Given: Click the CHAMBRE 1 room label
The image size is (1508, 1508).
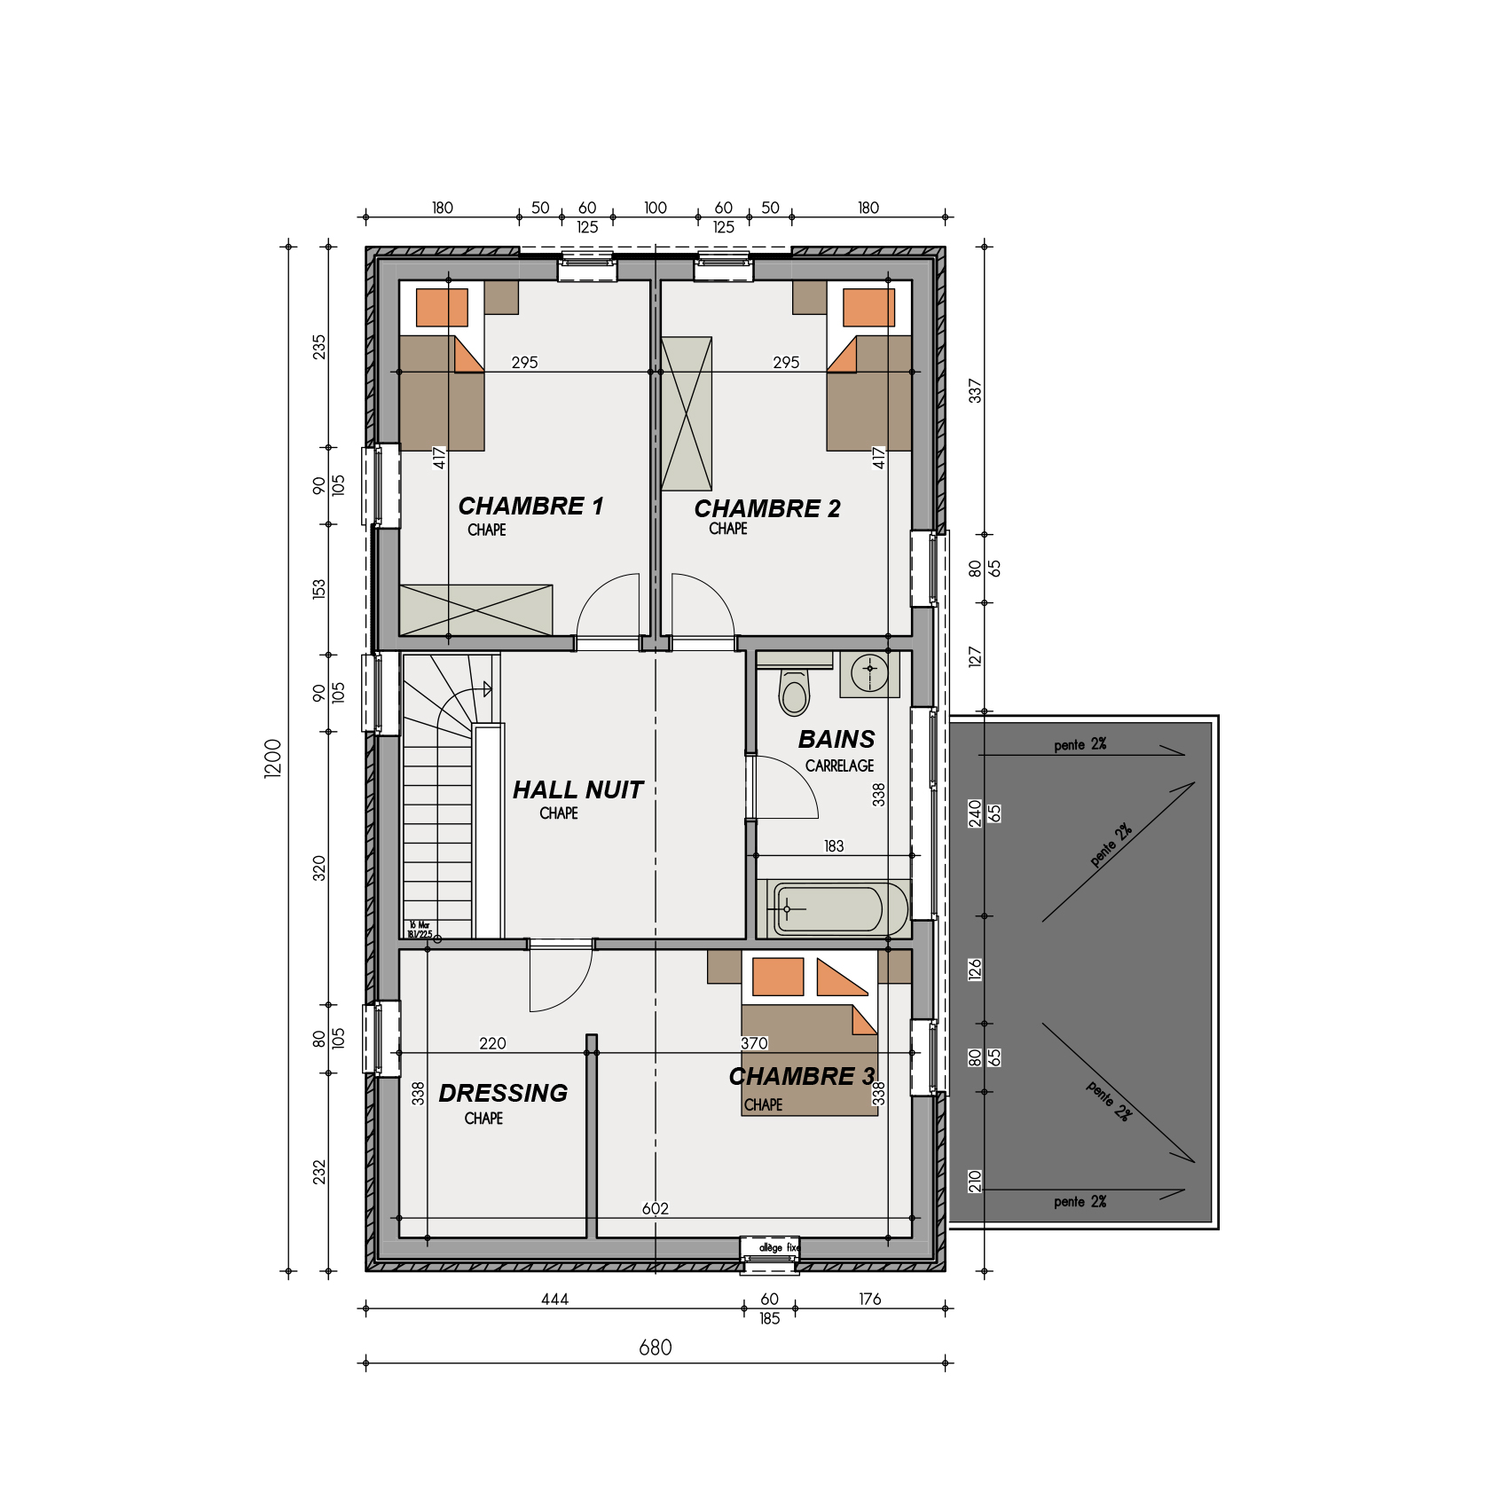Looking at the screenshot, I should [530, 506].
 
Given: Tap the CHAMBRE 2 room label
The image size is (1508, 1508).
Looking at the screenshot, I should [766, 508].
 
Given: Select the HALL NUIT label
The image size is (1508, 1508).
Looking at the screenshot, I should [577, 789].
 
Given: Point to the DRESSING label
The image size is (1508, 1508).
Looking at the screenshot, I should [503, 1093].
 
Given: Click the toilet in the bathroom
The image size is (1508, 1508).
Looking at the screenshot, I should [794, 693].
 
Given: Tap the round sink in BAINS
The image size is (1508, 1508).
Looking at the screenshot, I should [869, 672].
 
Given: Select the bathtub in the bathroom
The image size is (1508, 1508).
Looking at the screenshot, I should [832, 909].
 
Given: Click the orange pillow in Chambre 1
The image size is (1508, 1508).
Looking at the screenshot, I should [442, 308].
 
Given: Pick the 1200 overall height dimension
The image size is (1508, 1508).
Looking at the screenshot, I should [272, 758].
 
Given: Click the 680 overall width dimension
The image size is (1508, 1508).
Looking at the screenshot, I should [656, 1347].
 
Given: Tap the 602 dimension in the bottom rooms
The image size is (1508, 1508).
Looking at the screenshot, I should [655, 1208].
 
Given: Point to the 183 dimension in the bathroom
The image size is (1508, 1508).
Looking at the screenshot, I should [834, 846].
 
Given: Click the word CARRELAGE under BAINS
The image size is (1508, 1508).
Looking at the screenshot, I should [839, 766].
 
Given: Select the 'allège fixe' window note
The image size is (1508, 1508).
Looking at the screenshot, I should [778, 1247].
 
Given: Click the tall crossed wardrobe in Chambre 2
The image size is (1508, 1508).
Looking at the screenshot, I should [687, 413].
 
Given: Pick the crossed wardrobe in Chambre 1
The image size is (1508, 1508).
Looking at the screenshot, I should [475, 610].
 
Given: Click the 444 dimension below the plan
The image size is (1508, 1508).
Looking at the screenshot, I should [554, 1299].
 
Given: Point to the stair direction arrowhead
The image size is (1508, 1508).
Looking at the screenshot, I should [487, 689].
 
